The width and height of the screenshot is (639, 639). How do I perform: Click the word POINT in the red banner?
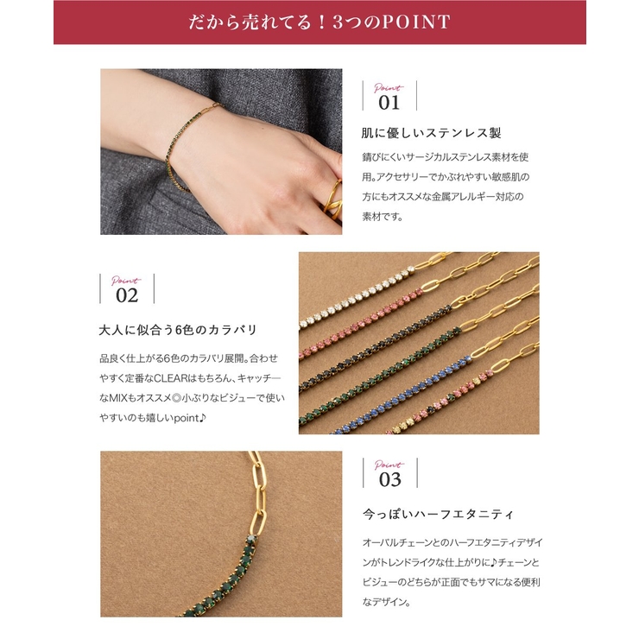(x=413, y=22)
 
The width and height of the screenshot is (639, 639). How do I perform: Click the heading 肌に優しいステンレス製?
(x=431, y=133)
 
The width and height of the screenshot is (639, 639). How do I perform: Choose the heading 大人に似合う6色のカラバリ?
(x=178, y=330)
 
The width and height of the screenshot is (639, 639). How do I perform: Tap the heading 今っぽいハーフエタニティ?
(x=438, y=514)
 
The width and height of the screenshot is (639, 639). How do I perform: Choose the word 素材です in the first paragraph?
(x=383, y=217)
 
